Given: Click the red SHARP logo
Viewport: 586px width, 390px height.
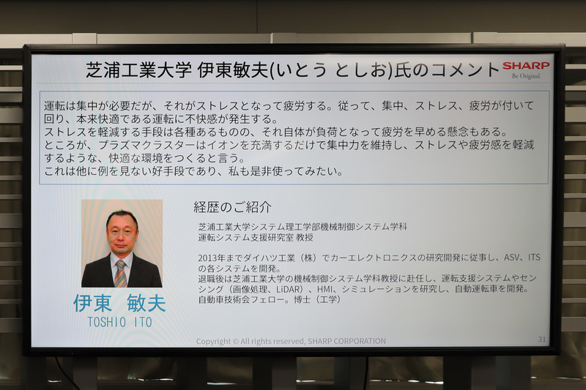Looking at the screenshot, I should tap(525, 66).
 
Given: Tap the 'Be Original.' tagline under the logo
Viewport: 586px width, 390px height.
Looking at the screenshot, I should tap(526, 76).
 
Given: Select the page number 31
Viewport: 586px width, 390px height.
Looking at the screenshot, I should tap(541, 339).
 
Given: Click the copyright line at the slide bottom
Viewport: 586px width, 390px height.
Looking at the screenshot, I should tap(291, 341).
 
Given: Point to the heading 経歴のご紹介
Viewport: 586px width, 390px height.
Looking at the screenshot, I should tap(232, 207).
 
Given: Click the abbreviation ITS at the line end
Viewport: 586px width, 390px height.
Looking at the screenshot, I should tap(534, 258).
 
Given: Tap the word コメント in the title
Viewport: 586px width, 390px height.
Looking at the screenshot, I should tap(466, 70).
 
